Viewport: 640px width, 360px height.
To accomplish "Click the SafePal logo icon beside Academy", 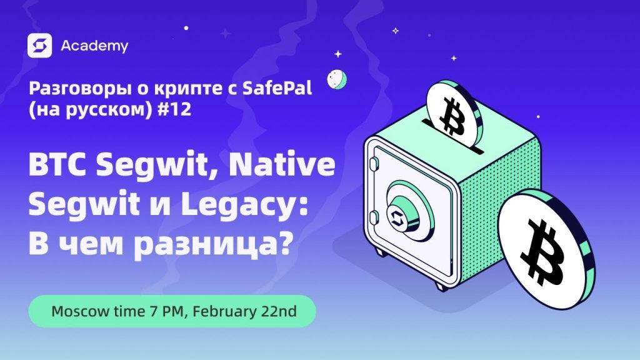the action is (x=39, y=45).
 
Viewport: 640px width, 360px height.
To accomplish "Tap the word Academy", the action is (x=94, y=46).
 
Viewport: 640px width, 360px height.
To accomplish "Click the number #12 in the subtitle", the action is (x=174, y=109).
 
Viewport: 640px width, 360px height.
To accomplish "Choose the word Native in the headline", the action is (x=282, y=164).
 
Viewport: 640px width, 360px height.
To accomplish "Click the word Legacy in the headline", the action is (x=241, y=206).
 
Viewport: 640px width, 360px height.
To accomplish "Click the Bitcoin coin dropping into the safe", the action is (x=454, y=113).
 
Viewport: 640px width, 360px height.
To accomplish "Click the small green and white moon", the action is (x=337, y=79).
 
